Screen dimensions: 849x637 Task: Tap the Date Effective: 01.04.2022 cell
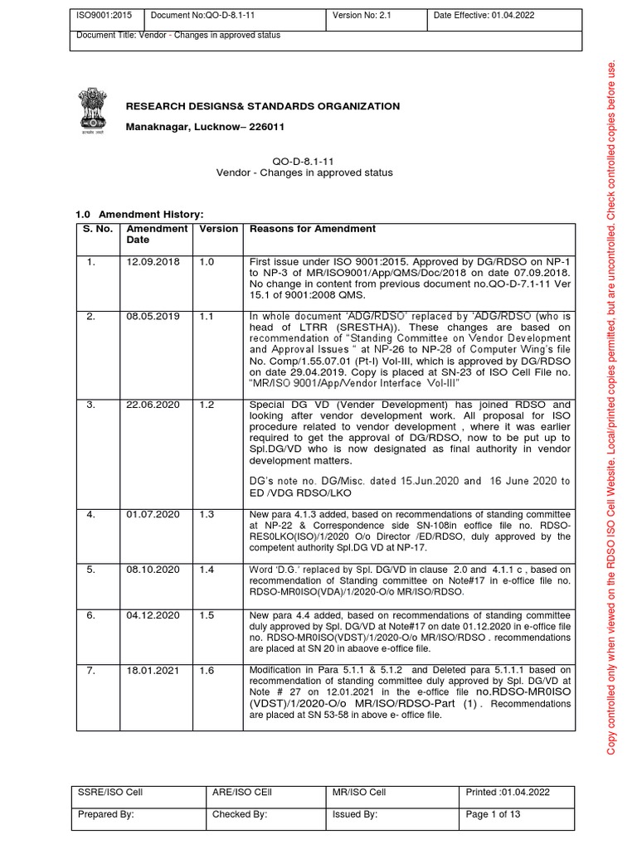(x=503, y=14)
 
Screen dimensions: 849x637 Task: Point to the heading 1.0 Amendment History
(x=139, y=215)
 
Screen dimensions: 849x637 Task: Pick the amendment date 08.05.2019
(x=147, y=317)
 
